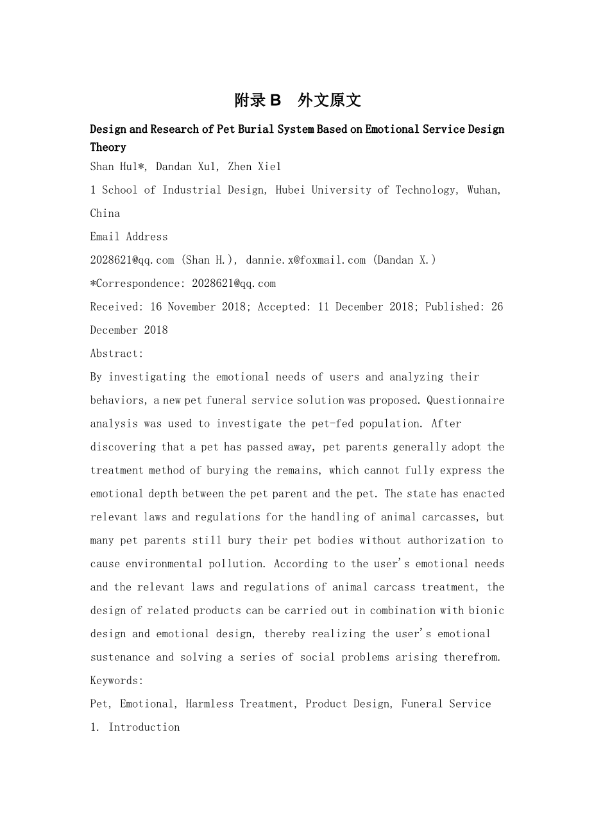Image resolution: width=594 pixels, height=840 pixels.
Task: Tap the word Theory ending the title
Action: pos(108,147)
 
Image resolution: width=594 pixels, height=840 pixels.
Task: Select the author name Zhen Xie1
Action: pos(255,167)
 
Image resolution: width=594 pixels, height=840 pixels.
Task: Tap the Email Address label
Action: pos(129,237)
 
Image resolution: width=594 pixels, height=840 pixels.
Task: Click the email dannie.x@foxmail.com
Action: pos(305,260)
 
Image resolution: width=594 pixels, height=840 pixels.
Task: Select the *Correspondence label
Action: pos(137,284)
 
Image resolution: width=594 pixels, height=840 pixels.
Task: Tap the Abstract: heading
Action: pos(117,354)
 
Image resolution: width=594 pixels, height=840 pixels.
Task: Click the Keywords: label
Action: pos(117,681)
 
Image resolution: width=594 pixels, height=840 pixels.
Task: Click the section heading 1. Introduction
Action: pos(135,727)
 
